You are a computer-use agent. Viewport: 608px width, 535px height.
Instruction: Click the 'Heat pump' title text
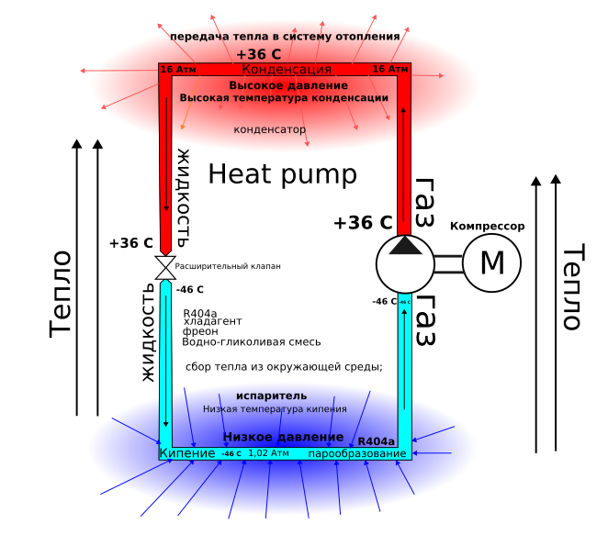tap(282, 173)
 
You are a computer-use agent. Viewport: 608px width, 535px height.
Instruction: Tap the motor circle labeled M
tap(491, 263)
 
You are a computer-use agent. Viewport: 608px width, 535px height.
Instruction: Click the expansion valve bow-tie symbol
tap(165, 267)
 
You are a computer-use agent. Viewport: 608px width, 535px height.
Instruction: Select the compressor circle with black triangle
tap(404, 263)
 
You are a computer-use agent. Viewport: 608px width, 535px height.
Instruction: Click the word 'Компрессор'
tap(487, 226)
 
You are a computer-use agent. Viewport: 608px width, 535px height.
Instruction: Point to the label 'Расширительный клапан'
tap(227, 266)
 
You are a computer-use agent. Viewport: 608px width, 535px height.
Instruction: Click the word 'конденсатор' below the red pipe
tap(269, 130)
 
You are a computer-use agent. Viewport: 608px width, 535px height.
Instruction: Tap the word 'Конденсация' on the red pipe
tap(287, 70)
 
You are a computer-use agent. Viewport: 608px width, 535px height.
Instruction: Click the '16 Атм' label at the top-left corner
tap(178, 69)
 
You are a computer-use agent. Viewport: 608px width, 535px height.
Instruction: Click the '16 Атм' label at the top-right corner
tap(390, 69)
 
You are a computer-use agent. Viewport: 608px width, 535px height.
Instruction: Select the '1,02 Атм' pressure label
tap(268, 453)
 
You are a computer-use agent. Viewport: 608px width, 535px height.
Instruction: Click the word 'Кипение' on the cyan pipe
tap(187, 453)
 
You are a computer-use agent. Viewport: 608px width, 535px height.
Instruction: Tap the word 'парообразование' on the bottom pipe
tap(356, 454)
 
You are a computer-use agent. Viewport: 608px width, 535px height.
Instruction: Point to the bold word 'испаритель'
tap(271, 396)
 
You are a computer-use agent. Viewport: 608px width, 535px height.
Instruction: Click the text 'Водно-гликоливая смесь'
tap(252, 342)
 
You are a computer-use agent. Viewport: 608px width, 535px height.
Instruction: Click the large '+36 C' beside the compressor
tap(363, 223)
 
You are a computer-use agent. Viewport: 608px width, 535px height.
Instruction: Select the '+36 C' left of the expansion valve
tap(130, 243)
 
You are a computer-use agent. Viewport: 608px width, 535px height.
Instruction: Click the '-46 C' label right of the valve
tap(189, 290)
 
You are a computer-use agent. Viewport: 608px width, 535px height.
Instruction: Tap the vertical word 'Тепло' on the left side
tap(62, 293)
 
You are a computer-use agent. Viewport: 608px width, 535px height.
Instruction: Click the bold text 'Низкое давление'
tap(283, 438)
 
